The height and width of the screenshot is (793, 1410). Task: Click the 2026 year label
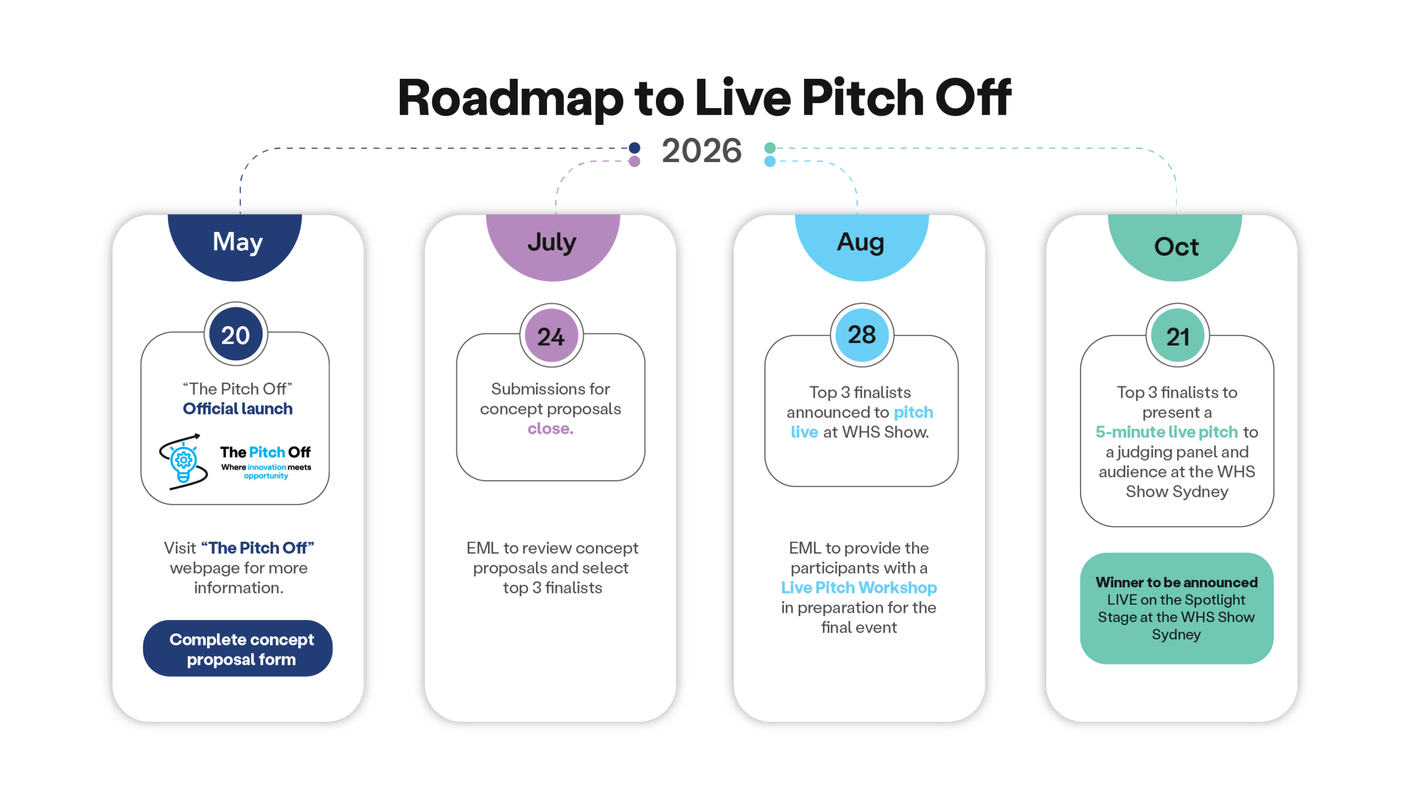pos(701,150)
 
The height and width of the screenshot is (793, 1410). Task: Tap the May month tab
pos(235,245)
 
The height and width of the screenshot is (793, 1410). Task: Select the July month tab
pos(552,245)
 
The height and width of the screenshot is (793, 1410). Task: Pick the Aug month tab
pos(861,245)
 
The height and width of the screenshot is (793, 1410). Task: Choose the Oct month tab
pos(1175,245)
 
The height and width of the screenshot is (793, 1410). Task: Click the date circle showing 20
pos(236,335)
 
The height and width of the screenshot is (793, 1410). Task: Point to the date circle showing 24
pos(551,336)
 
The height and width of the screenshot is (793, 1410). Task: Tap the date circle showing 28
pos(862,335)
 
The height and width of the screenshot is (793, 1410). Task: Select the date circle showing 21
pos(1178,336)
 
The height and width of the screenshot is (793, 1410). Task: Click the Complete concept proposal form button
pos(237,648)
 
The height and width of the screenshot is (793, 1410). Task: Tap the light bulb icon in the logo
pos(183,462)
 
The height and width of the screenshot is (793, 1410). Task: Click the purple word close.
pos(550,429)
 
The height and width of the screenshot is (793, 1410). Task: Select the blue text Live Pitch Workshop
pos(859,587)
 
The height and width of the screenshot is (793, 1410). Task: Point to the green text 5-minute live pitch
pos(1167,432)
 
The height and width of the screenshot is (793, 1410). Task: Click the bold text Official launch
pos(237,409)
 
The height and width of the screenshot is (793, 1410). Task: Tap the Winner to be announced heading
pos(1176,582)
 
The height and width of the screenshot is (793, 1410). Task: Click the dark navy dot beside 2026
pos(634,148)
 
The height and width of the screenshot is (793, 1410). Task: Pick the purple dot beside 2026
pos(634,161)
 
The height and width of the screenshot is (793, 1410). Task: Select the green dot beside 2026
pos(770,148)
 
